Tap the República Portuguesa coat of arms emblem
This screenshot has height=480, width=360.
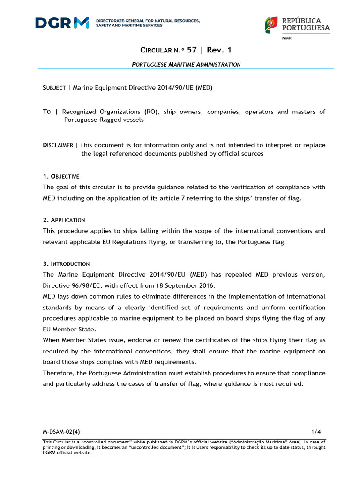pos(271,25)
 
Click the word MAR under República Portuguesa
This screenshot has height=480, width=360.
pos(287,38)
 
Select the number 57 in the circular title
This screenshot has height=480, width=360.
pos(192,50)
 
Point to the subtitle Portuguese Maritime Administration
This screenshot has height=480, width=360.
pos(186,64)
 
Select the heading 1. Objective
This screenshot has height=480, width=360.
pos(61,176)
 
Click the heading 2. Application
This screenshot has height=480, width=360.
pos(64,220)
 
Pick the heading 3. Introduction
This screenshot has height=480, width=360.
pos(66,263)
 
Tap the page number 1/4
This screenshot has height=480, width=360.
pos(316,432)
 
